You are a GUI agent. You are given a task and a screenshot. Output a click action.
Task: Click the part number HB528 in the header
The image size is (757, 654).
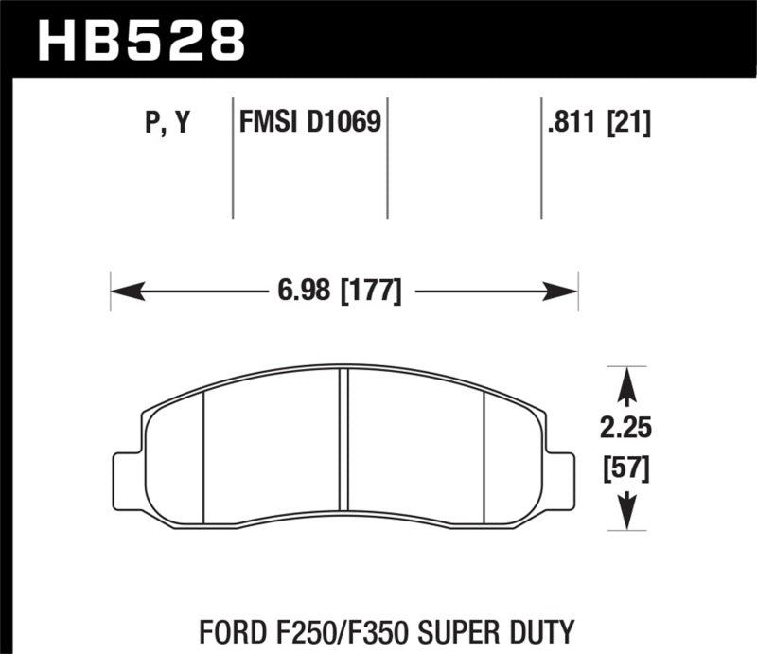140,40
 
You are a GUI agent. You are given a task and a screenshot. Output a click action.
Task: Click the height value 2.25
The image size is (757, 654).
624,430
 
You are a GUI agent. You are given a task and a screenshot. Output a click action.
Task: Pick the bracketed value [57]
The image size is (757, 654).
624,468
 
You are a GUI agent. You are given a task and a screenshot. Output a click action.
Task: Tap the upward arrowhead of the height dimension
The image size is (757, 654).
624,382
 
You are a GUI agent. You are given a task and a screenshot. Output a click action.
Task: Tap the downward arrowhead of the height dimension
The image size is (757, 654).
624,516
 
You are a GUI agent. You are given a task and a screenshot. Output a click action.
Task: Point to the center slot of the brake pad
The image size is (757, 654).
344,445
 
